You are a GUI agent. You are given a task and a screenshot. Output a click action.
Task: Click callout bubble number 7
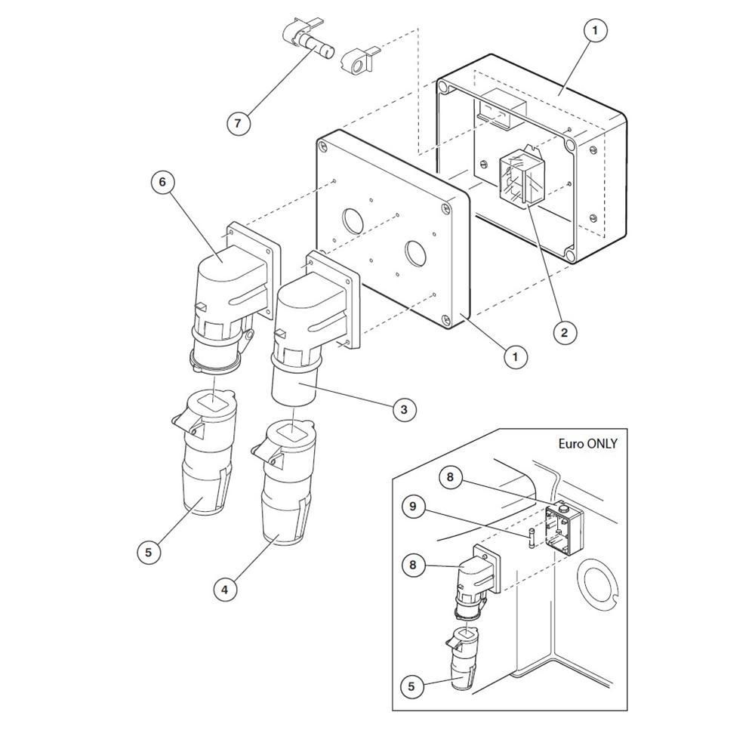coord(239,123)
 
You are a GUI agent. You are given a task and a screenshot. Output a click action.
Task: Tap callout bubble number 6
coord(162,182)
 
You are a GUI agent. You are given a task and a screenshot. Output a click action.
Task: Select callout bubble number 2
coord(564,332)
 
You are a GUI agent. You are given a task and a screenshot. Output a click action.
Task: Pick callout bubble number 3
coord(403,410)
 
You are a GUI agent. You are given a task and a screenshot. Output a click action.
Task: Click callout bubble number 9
coord(413,507)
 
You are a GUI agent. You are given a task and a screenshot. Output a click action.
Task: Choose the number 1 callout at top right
coord(595,30)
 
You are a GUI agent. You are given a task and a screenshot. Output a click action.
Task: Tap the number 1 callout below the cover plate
coord(516,357)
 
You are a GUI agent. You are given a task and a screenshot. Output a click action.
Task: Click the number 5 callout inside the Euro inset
coord(411,686)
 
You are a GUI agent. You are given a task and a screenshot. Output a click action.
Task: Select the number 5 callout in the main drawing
coord(148,552)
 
